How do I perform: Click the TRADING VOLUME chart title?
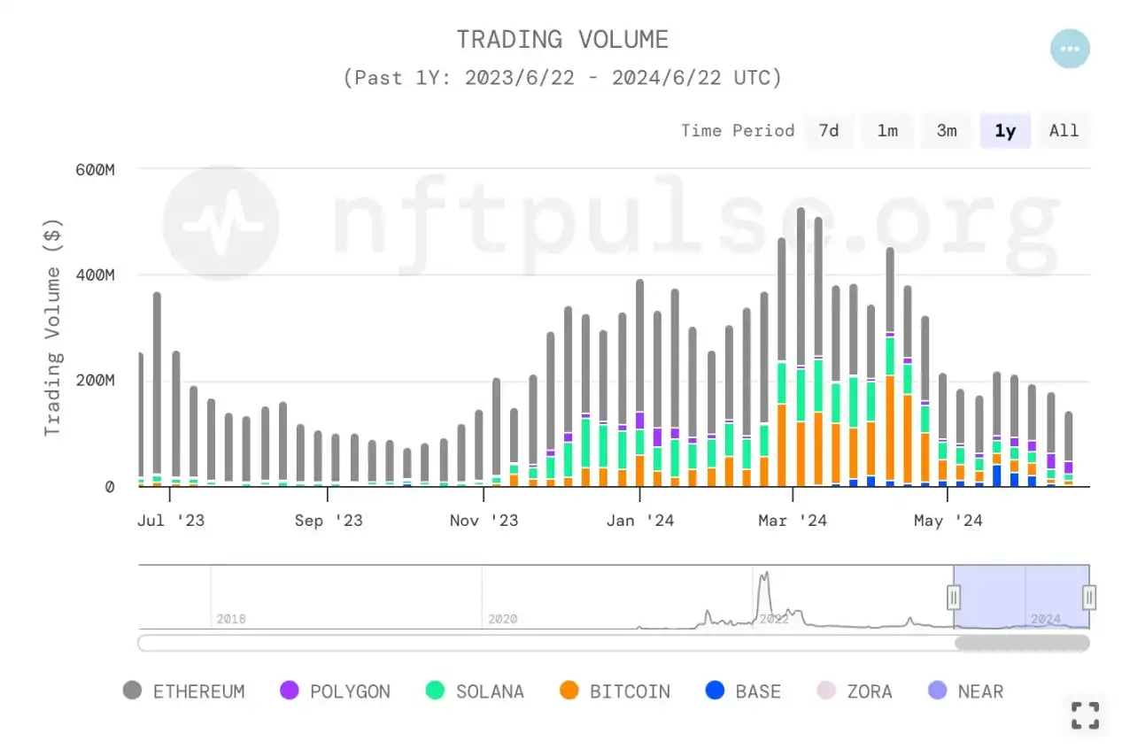pos(562,40)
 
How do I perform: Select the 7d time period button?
pos(828,131)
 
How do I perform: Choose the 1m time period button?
pos(887,131)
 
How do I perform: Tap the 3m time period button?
pos(947,131)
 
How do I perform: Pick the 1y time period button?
pos(1005,131)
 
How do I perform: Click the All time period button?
pos(1064,131)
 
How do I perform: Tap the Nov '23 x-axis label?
pos(484,521)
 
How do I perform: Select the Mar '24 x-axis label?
pos(793,521)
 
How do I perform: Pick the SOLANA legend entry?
pos(475,691)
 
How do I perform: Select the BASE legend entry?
pos(743,691)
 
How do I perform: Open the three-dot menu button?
pos(1070,49)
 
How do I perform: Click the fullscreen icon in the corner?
pos(1085,715)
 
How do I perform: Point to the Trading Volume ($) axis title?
pos(54,328)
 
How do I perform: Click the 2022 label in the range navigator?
pos(773,619)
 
